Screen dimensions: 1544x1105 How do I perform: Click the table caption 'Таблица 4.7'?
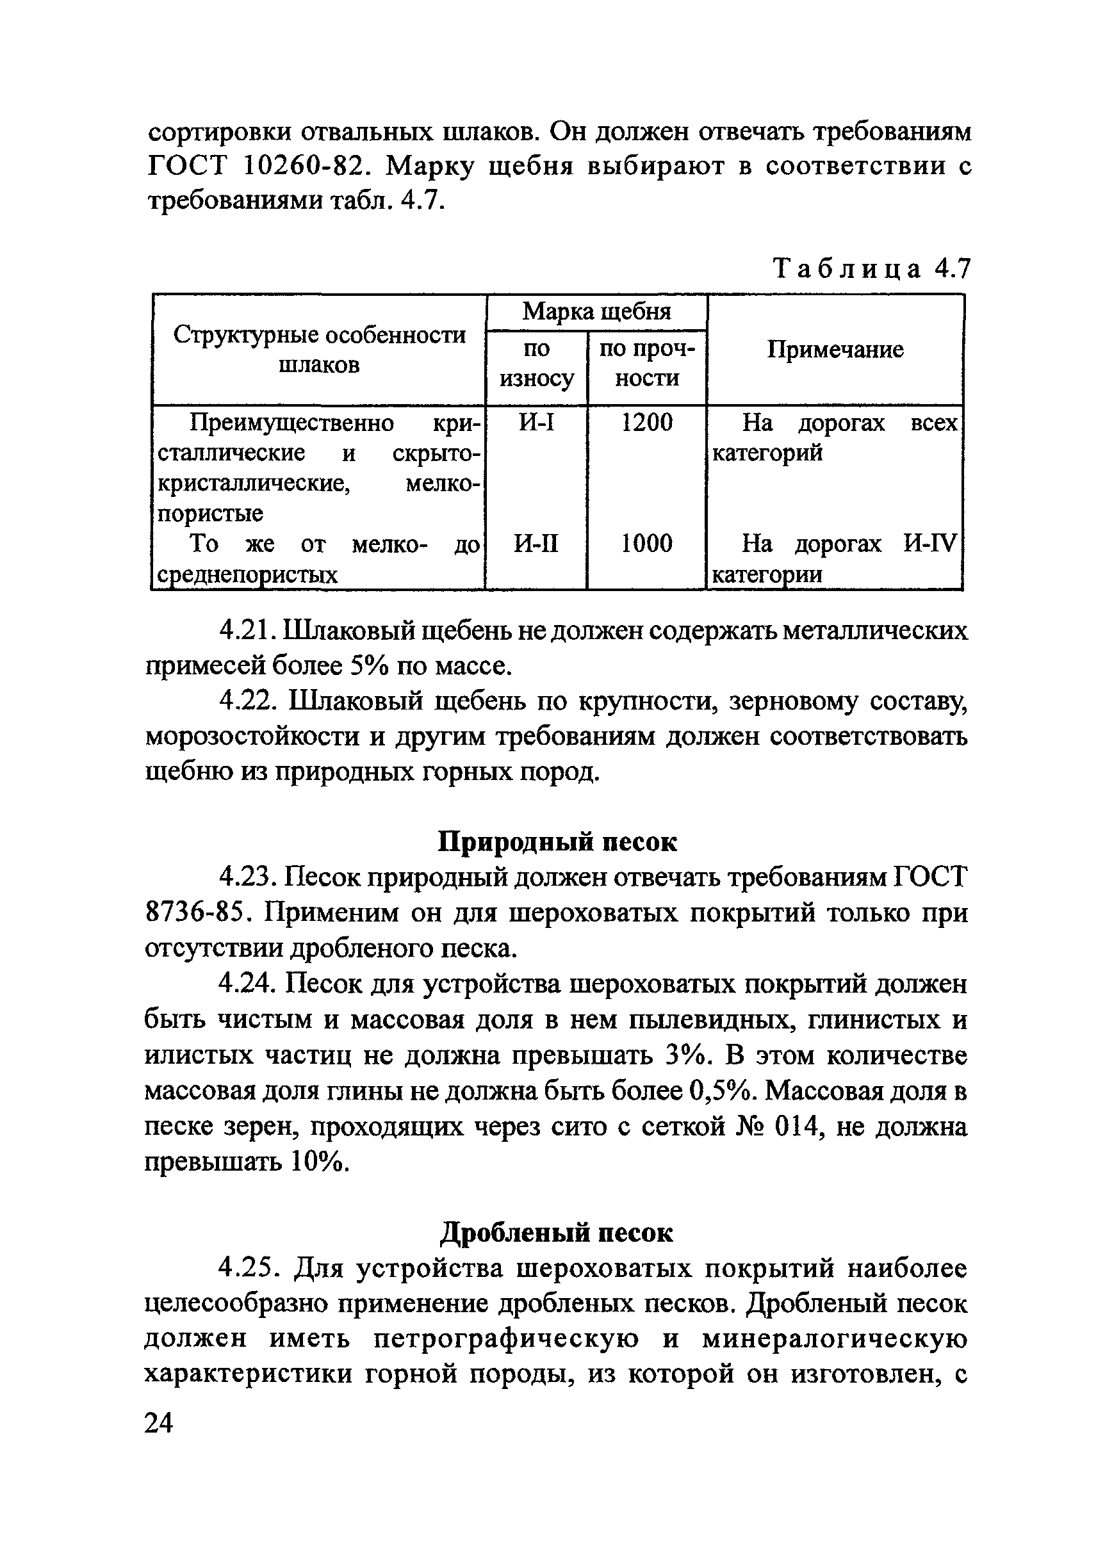pos(871,270)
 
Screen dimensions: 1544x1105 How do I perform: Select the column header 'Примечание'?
pos(835,350)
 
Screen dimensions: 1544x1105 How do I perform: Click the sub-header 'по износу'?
pos(536,364)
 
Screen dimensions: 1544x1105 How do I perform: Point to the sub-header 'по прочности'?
pos(647,364)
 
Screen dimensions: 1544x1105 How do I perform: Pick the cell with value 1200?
pos(647,423)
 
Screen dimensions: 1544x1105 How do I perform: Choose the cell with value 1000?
pos(647,544)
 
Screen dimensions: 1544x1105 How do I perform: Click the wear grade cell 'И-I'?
pos(536,423)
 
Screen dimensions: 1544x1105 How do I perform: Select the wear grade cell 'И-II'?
pos(536,544)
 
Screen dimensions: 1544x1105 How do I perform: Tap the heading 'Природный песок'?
pos(557,842)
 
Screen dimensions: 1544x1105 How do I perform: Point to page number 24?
pos(160,1422)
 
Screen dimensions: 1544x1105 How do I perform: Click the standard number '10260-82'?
pos(306,166)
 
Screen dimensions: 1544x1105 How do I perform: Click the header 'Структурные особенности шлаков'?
pos(318,350)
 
